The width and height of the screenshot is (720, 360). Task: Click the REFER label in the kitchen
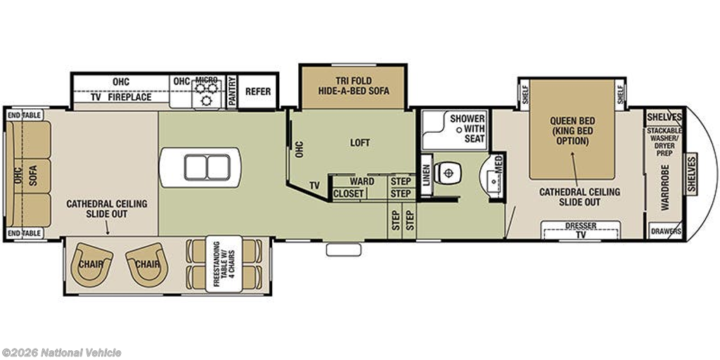[x=258, y=91]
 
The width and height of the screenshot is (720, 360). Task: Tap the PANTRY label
[x=232, y=92]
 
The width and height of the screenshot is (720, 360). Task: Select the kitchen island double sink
[x=207, y=167]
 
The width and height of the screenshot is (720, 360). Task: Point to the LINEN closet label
[x=427, y=175]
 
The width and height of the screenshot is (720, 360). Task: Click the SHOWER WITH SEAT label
[x=467, y=128]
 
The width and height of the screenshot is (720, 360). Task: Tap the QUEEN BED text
[x=572, y=121]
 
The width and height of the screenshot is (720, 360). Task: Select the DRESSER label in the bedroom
[x=581, y=226]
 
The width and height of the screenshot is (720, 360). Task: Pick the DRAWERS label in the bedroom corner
[x=666, y=232]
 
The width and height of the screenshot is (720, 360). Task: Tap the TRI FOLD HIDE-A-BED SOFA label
[x=354, y=86]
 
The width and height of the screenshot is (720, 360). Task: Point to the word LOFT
[x=360, y=143]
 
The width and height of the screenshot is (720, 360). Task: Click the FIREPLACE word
[x=129, y=97]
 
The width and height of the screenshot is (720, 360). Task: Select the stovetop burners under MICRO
[x=206, y=94]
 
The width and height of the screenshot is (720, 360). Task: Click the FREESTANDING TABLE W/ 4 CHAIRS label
[x=224, y=264]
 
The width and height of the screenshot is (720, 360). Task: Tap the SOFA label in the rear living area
[x=32, y=175]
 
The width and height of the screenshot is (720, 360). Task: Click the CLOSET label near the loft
[x=349, y=194]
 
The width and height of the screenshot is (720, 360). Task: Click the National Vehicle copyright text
[x=61, y=353]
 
